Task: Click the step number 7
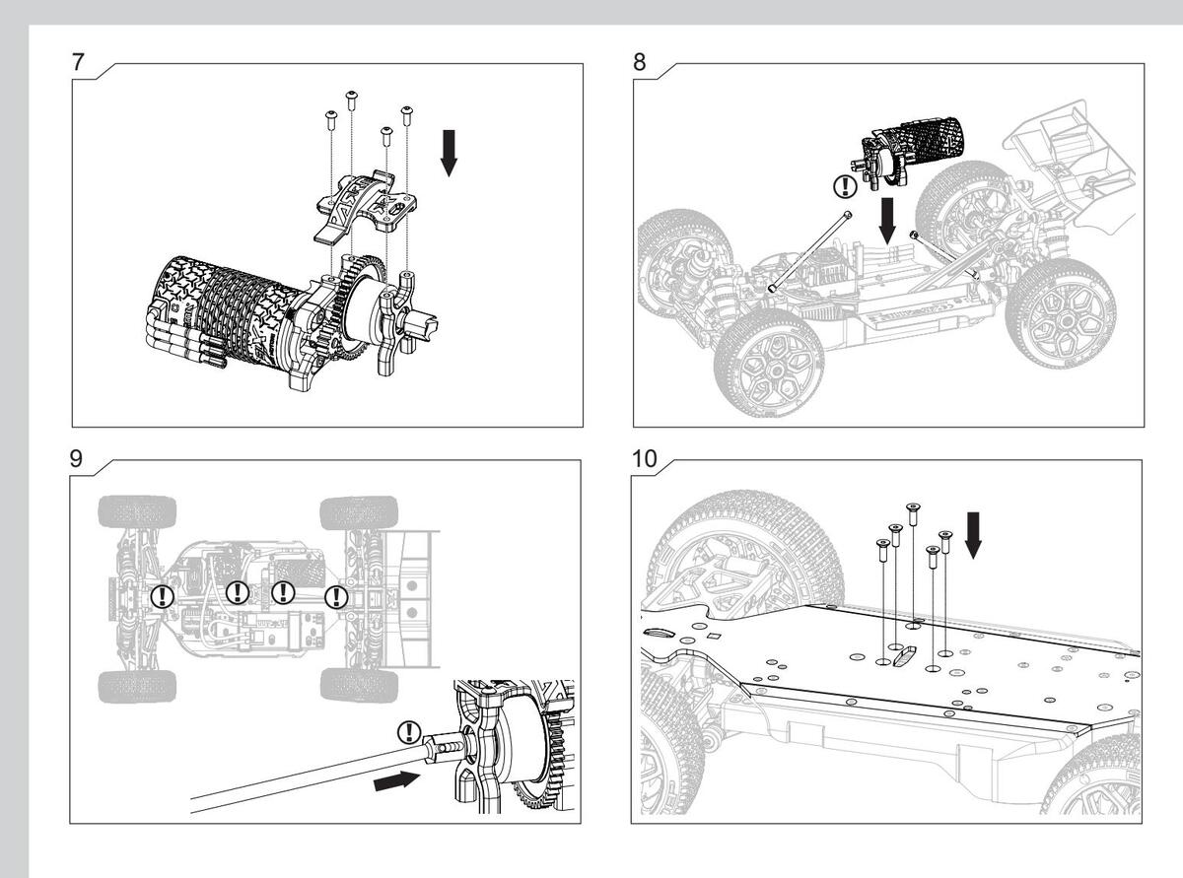point(78,62)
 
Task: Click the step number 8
point(639,62)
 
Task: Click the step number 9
point(76,458)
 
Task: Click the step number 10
point(645,458)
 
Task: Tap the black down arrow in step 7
point(450,153)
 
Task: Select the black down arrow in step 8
point(887,221)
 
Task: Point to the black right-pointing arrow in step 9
point(397,781)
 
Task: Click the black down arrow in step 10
point(973,535)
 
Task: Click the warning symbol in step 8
point(845,186)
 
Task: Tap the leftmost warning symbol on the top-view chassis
point(162,595)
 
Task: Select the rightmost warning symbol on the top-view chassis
point(336,596)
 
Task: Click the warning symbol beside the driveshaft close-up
point(409,732)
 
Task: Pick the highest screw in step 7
point(351,101)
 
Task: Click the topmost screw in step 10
point(913,514)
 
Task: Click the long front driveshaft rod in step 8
point(809,251)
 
